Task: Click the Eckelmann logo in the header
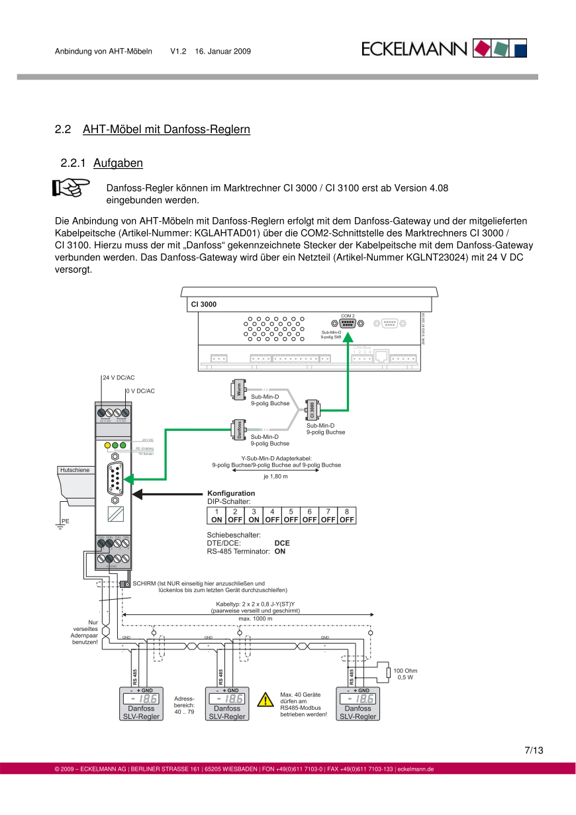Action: [444, 48]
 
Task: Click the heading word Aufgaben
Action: [118, 163]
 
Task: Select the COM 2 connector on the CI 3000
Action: [348, 323]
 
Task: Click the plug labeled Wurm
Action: [238, 390]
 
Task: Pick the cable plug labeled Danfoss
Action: [238, 430]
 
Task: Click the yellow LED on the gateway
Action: [107, 446]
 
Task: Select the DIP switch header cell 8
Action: [347, 511]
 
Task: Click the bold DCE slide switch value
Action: [282, 543]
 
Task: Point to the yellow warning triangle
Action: [265, 700]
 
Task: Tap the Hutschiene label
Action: [75, 469]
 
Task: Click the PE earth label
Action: [65, 521]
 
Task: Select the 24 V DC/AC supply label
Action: [119, 377]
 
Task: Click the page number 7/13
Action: [534, 750]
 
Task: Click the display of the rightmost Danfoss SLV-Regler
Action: [357, 698]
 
